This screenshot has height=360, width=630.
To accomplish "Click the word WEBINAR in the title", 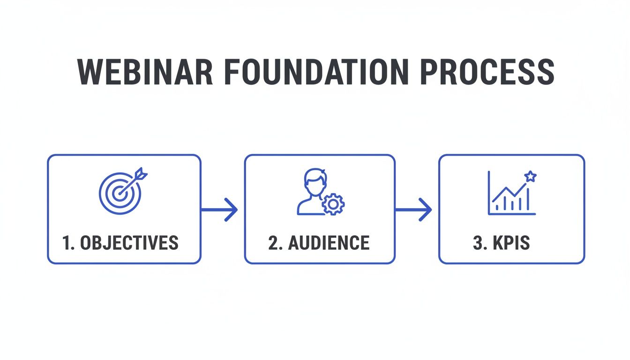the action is [x=145, y=72].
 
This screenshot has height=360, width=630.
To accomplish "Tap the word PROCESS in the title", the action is [x=487, y=72].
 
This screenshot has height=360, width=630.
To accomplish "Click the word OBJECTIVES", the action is [x=129, y=243].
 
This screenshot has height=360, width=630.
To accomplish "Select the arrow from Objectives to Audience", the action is [x=219, y=210].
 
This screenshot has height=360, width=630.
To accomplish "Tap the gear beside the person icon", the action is [x=333, y=204].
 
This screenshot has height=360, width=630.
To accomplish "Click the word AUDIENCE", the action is [x=329, y=243].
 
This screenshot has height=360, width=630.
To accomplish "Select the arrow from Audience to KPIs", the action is [x=413, y=210].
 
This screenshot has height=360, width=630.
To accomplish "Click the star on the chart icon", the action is [x=531, y=176].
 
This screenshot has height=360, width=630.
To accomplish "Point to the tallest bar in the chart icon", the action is [x=528, y=199].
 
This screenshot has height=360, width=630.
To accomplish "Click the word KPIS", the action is [x=511, y=243].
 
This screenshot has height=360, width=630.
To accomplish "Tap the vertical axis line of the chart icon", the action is [x=489, y=193].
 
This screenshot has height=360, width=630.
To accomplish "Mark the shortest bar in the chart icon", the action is [x=497, y=208].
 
